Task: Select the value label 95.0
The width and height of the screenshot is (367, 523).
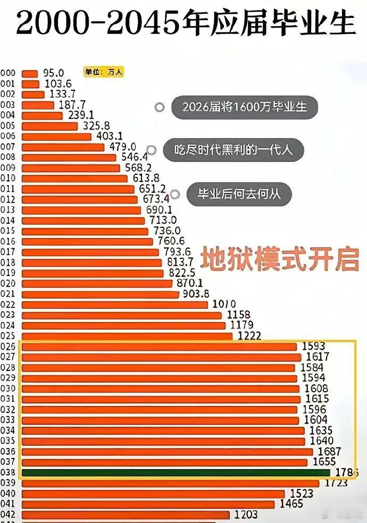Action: click(x=54, y=73)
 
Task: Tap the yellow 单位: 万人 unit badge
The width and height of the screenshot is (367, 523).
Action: click(x=103, y=72)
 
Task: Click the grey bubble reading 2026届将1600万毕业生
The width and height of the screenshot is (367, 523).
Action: click(x=245, y=107)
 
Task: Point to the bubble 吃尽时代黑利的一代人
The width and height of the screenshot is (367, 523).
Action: click(x=233, y=150)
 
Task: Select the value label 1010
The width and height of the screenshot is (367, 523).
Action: click(x=224, y=304)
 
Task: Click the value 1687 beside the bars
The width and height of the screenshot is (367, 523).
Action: click(x=327, y=451)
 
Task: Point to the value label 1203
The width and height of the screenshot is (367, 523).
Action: click(x=246, y=514)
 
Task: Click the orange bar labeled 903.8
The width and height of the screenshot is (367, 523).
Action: click(x=101, y=294)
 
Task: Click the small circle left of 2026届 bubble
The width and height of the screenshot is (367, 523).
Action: click(x=159, y=107)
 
